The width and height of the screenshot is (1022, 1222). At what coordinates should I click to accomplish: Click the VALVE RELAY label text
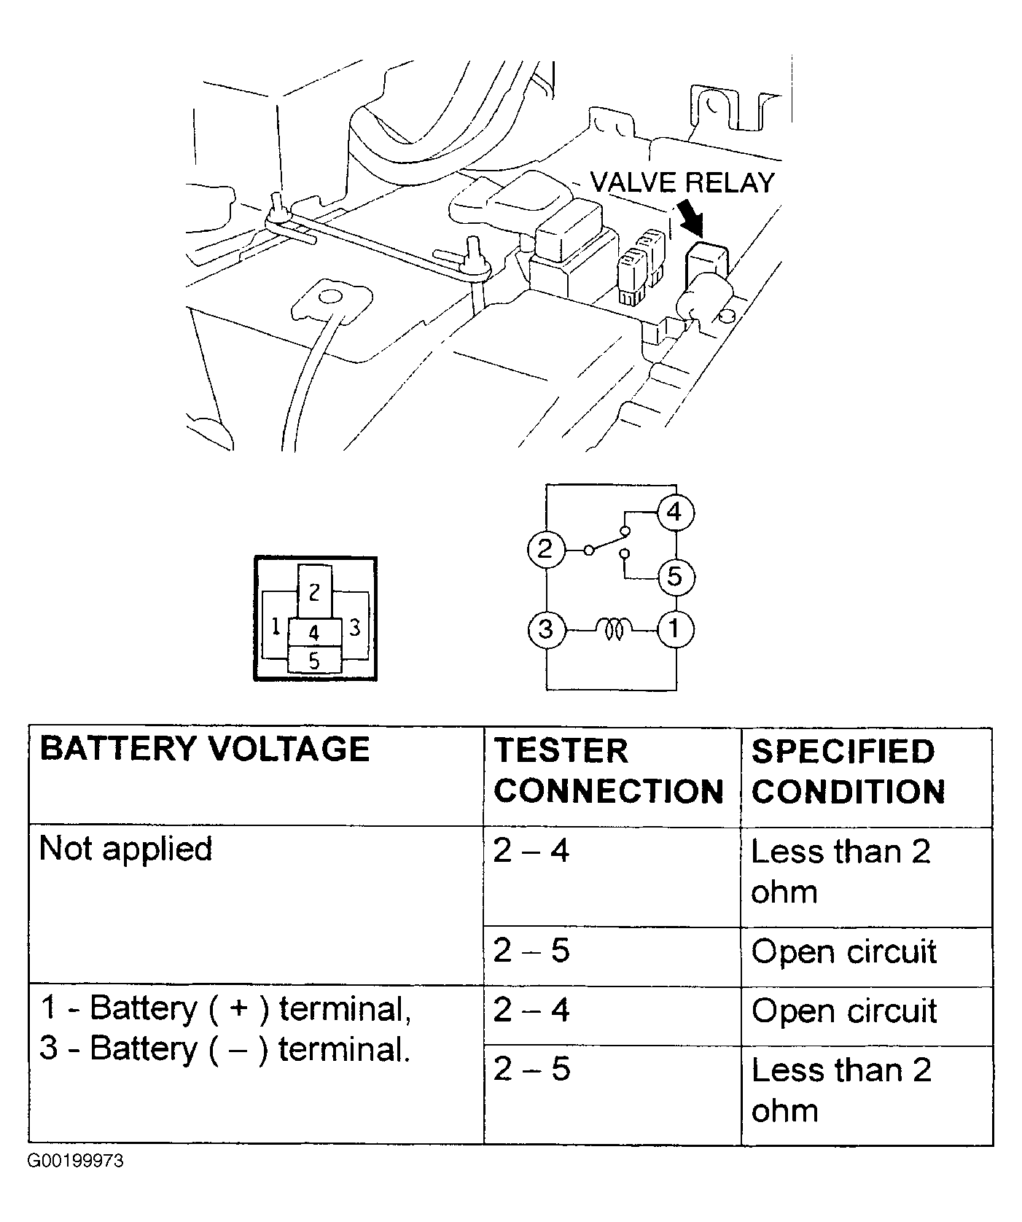[682, 182]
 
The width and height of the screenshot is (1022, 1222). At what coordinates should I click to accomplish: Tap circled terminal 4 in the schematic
[675, 513]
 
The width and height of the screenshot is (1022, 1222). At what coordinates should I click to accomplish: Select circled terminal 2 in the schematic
[545, 549]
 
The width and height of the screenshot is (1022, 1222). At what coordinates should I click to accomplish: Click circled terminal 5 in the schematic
[675, 577]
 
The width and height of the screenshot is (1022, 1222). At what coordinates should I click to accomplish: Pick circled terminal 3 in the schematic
[545, 628]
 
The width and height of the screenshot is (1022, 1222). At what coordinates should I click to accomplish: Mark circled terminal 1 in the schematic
[675, 628]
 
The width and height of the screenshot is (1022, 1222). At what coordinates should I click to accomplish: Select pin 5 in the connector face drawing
[314, 661]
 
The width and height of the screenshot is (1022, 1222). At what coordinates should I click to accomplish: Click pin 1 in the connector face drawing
[276, 627]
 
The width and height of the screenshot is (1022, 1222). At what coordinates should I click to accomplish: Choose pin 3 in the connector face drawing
[355, 627]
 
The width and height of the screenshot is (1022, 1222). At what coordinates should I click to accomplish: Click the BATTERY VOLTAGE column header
[205, 750]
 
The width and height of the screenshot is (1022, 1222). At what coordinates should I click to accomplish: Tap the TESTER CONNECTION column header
[608, 771]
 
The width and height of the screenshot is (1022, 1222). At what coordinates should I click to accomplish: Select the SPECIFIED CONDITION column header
[848, 771]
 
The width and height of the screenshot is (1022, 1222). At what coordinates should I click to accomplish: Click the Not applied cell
[125, 849]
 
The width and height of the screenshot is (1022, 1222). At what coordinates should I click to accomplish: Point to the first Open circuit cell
[843, 952]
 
